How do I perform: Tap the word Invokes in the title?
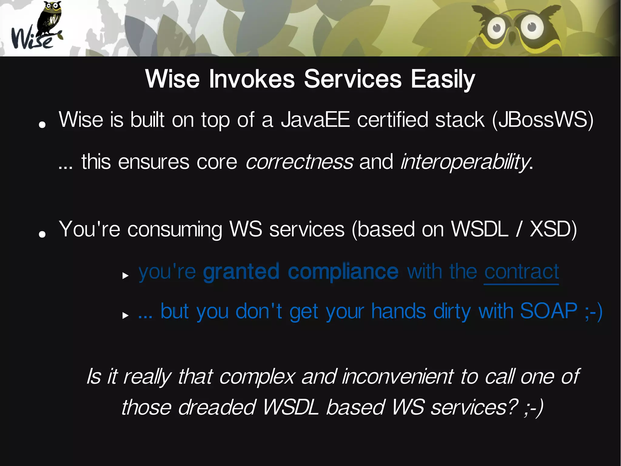252,79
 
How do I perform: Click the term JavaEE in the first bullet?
315,120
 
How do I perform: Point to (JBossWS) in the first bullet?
543,120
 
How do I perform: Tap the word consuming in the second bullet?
175,229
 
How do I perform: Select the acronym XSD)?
553,229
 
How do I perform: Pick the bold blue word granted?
241,271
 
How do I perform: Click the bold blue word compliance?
343,271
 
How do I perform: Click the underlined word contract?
521,271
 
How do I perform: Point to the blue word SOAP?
549,311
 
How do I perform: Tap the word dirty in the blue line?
452,311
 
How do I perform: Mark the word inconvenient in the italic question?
398,377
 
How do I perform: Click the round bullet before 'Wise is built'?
42,124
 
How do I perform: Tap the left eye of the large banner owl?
496,28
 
